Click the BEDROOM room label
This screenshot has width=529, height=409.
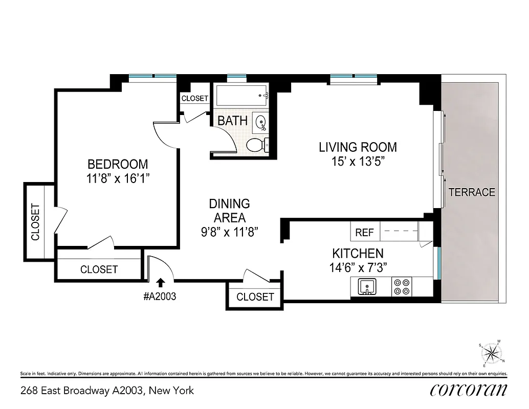[118, 165]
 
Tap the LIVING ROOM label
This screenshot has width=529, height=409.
[358, 148]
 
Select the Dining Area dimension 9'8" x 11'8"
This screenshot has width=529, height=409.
[229, 231]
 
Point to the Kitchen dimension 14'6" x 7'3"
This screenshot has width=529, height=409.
[358, 266]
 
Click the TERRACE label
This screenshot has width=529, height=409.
[472, 192]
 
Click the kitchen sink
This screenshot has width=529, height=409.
[366, 286]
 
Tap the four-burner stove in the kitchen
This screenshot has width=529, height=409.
[402, 286]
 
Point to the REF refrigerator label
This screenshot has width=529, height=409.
[364, 233]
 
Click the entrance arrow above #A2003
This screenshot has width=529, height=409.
[161, 282]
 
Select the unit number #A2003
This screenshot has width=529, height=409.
[161, 297]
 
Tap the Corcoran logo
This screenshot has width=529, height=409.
[469, 390]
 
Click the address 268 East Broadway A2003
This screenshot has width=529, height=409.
[107, 391]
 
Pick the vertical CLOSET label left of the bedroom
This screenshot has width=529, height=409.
[35, 222]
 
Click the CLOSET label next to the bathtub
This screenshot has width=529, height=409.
[195, 98]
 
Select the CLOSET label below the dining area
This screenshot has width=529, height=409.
[255, 297]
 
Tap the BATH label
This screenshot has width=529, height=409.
[232, 121]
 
